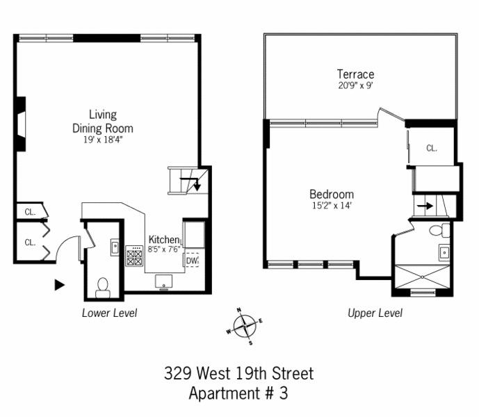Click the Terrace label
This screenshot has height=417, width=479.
click(355, 74)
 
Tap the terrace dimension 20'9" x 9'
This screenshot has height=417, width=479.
click(355, 86)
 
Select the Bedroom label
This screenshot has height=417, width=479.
click(331, 195)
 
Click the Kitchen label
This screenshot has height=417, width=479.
click(163, 240)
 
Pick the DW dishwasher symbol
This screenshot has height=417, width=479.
click(193, 261)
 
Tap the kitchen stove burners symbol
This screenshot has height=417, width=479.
click(134, 257)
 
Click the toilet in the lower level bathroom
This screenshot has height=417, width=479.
click(102, 286)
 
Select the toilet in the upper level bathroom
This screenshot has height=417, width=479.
click(437, 231)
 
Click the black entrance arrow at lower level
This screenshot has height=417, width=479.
click(60, 284)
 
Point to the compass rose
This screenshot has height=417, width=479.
click(243, 325)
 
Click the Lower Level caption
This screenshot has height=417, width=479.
click(109, 313)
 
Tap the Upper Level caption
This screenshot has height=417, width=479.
click(375, 313)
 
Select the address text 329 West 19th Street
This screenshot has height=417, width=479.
click(238, 373)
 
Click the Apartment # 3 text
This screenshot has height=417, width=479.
click(238, 393)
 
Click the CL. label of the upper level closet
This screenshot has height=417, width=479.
click(432, 148)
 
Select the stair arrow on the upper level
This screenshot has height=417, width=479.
click(425, 206)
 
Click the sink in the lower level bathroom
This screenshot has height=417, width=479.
click(115, 245)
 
